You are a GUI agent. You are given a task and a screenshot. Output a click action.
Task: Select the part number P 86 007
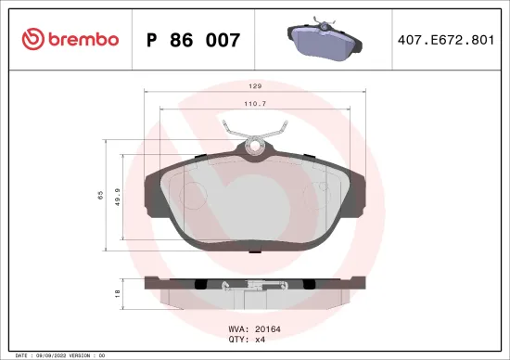(194, 40)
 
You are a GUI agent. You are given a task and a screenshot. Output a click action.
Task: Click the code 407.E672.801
(444, 40)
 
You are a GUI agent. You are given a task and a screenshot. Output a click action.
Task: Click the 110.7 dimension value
(255, 104)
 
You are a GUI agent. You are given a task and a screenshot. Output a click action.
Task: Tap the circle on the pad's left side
(192, 195)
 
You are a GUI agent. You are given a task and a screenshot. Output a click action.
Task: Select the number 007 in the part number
(223, 40)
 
